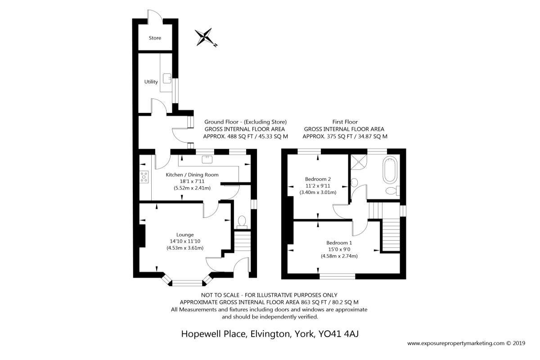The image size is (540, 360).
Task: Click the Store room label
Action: [155, 38]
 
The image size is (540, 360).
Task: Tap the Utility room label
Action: [151, 82]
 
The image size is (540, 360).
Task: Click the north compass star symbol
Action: [206, 37]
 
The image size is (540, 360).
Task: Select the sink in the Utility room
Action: [167, 78]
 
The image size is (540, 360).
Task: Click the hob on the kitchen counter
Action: [144, 177]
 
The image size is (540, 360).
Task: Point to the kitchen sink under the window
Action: [207, 159]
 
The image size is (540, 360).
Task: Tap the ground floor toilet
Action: [242, 222]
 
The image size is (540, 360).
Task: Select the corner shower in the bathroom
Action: [359, 162]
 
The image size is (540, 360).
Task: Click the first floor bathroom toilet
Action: [392, 191]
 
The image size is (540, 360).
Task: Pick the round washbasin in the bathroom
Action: [354, 182]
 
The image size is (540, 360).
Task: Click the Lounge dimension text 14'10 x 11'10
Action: [185, 241]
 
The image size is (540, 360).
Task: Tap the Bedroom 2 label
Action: [318, 179]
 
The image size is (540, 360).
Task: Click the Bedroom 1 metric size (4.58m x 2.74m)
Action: [339, 256]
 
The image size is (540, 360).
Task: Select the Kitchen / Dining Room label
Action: [192, 175]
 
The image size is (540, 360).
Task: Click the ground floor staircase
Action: [243, 242]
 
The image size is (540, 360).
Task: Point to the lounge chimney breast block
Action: [142, 236]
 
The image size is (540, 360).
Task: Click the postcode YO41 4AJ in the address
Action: [338, 334]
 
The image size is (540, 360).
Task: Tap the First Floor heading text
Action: [345, 122]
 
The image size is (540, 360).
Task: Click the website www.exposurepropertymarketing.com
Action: [456, 343]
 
